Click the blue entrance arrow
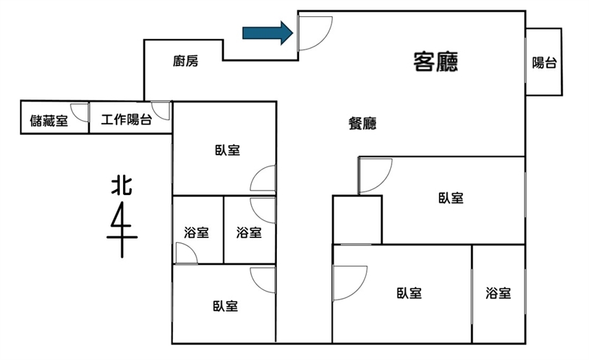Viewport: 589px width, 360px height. point(267,33)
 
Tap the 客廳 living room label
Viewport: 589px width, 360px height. point(436,62)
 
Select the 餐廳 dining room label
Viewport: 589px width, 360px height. point(362,123)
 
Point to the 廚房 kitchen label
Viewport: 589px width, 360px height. point(186,61)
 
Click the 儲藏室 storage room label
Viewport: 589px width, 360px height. point(49,121)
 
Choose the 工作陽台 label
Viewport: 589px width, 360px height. point(126,120)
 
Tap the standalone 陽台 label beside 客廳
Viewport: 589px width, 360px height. point(544,63)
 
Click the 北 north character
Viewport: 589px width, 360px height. point(121,186)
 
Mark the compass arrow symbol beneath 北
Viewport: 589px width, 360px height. point(122,230)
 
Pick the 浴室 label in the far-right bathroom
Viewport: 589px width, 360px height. point(498,293)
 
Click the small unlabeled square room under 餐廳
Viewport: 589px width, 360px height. point(357,219)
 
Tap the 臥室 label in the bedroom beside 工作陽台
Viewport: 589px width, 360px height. point(228,150)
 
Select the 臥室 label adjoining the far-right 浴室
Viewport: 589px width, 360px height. point(409,293)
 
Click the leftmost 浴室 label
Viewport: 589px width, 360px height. point(196,233)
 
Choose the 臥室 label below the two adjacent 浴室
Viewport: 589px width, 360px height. point(225,306)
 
